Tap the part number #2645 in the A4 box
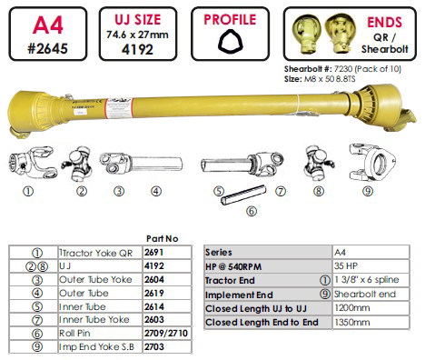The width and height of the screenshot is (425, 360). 48,48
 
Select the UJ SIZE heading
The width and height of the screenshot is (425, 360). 138,20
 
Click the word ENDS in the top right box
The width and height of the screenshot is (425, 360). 384,22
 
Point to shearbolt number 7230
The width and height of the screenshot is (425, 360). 343,69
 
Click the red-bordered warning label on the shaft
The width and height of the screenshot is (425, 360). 119,108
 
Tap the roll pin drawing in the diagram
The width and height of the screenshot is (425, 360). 243,195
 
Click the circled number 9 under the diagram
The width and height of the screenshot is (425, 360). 368,191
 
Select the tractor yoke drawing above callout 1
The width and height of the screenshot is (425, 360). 32,163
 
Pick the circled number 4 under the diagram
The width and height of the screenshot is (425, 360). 156,191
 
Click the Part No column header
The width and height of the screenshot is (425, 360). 163,239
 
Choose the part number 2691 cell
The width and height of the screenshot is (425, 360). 154,252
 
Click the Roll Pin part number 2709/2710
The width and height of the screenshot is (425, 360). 166,333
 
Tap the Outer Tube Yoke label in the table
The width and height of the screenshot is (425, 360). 95,279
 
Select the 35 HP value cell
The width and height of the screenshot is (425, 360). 346,266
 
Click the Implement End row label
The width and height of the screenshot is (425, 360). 239,295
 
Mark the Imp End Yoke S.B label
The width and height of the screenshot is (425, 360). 96,346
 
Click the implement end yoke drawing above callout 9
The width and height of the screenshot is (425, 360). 372,164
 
